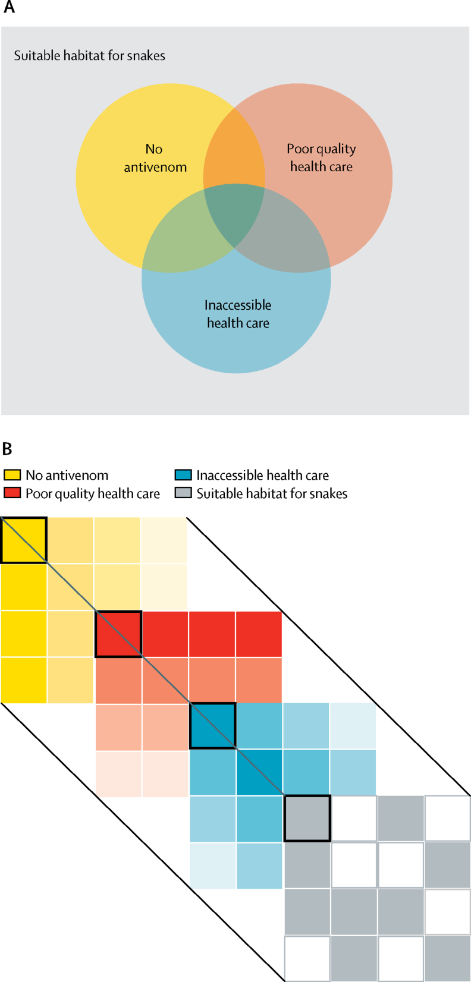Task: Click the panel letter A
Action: (9, 8)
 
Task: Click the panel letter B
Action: (7, 449)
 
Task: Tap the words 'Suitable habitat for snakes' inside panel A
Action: (90, 56)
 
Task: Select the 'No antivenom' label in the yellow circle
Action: (155, 158)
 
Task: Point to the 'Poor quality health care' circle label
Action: (321, 158)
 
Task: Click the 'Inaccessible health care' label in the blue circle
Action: (238, 314)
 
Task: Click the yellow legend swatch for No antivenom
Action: (12, 475)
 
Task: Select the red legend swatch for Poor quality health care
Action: (12, 493)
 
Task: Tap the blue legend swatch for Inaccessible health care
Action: (183, 475)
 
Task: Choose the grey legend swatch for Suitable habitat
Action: (183, 493)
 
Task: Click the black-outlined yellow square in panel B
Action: (24, 540)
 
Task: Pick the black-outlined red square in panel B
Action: (119, 634)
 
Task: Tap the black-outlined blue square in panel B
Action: (213, 726)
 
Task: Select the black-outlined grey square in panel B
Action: (307, 819)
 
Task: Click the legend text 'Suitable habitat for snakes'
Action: (272, 493)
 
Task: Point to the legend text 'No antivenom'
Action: (67, 475)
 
